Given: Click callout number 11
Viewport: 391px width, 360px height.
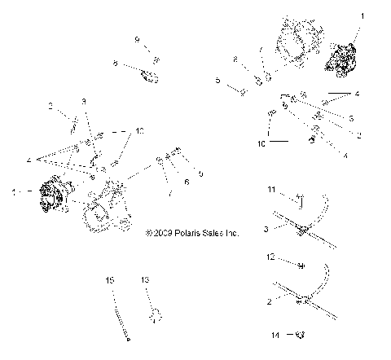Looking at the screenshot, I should (x=270, y=189).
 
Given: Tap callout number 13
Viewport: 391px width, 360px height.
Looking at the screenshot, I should (x=146, y=279).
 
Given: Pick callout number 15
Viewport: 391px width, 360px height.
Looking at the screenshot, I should (x=110, y=279).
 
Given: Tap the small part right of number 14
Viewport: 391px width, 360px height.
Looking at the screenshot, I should (x=299, y=334).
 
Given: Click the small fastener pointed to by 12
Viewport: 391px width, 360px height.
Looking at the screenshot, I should (x=301, y=266).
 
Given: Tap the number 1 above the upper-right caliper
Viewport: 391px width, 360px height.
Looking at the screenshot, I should (x=363, y=15).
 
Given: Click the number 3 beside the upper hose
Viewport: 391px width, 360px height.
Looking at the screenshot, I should (x=266, y=230).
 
